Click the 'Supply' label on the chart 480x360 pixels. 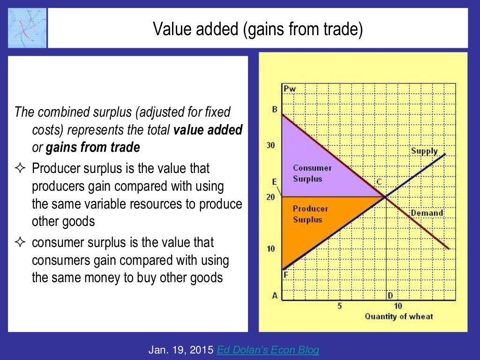(x=424, y=151)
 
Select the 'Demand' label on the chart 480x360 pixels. (x=427, y=213)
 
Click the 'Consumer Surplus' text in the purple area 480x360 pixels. (x=312, y=173)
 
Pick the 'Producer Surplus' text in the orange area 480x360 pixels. (x=310, y=214)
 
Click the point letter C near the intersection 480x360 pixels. (x=379, y=181)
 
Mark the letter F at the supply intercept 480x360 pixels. (x=285, y=275)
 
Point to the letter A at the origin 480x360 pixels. (x=275, y=296)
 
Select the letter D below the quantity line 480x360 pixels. (x=390, y=295)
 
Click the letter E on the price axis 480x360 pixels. (x=274, y=182)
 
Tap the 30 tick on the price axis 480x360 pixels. (x=271, y=145)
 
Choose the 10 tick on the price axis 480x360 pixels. (x=271, y=248)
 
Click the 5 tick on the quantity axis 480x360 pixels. (x=339, y=306)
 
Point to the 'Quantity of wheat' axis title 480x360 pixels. (x=399, y=316)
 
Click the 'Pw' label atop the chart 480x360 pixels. (x=290, y=89)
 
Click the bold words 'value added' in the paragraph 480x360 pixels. (x=208, y=130)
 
